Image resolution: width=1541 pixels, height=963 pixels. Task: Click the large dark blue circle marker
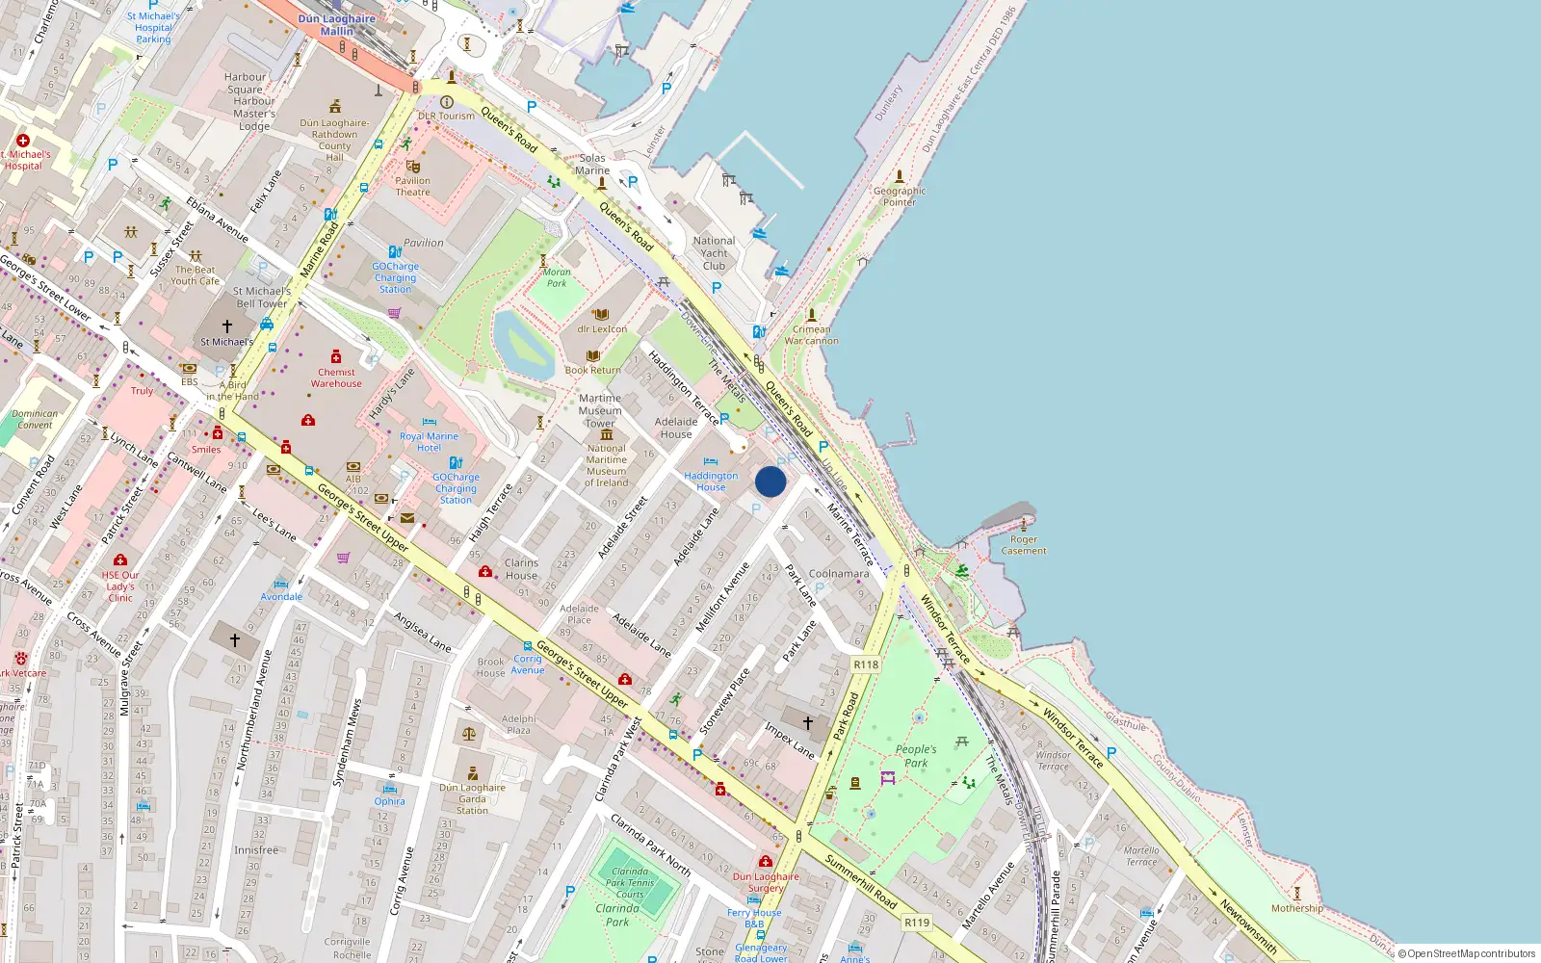click(770, 481)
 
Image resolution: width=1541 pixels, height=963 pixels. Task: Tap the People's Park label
click(916, 756)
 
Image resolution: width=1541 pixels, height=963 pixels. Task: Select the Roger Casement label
click(1024, 545)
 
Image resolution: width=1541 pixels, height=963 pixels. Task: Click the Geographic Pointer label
click(900, 196)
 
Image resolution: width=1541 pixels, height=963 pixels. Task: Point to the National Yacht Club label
click(714, 253)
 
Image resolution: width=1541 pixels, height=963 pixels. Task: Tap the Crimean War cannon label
click(811, 335)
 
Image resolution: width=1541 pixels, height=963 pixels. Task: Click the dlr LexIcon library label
click(602, 329)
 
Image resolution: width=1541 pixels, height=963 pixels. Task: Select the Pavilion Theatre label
click(413, 186)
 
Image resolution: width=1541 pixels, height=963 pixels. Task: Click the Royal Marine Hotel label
click(430, 442)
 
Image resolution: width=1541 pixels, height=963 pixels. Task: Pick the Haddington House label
click(711, 481)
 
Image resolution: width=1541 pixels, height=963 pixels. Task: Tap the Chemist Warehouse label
click(336, 377)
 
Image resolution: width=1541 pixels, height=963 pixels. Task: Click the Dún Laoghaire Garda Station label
click(472, 798)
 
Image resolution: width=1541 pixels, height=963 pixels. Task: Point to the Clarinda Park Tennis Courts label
click(630, 882)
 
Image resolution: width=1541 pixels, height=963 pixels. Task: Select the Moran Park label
click(557, 277)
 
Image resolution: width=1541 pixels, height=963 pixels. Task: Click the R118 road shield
click(866, 664)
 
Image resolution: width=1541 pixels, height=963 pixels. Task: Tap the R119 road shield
click(917, 923)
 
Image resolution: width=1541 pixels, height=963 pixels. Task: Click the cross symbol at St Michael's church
click(227, 326)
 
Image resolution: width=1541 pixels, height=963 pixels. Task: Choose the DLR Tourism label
click(447, 116)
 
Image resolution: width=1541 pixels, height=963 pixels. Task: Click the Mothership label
click(1296, 908)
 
